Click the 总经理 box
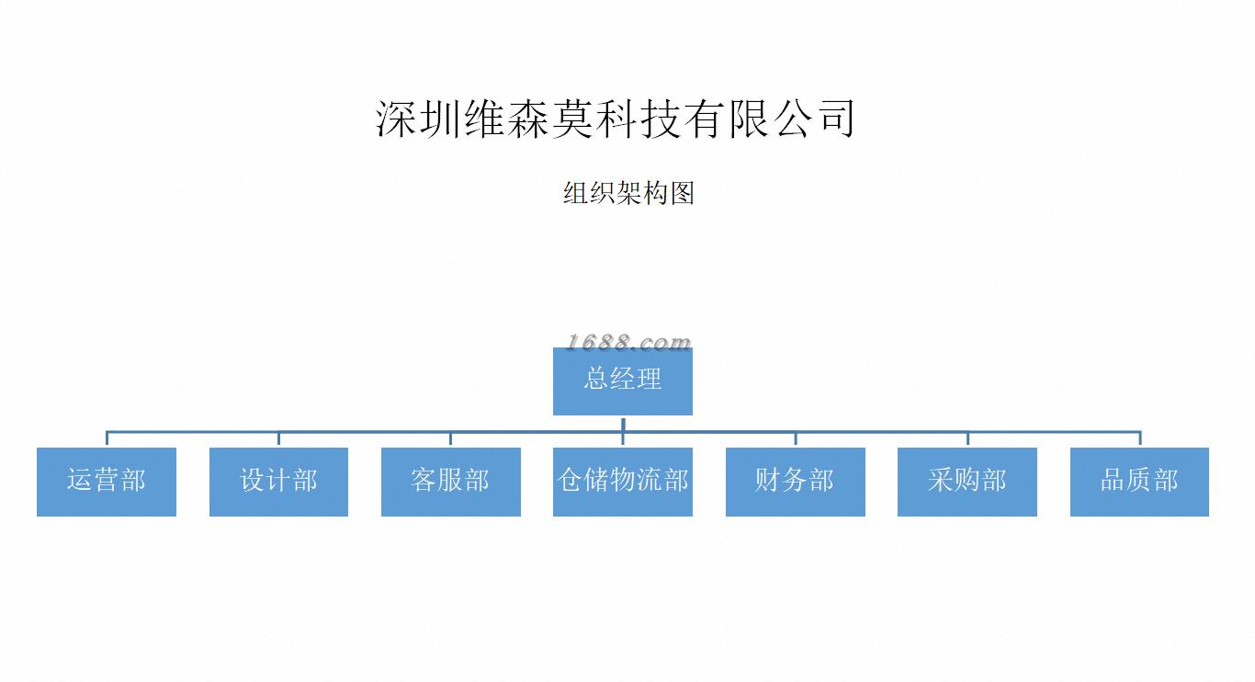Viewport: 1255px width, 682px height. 622,381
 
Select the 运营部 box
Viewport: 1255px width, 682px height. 107,482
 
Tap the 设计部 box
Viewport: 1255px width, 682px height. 278,482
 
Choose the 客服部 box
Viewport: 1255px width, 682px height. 450,482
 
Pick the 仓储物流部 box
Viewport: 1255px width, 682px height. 622,482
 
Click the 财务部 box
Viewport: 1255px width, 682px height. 795,482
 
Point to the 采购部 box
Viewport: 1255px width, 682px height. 967,482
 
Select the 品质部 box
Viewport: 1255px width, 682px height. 1139,482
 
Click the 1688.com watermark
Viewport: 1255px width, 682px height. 628,343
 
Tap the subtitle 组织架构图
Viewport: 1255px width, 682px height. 628,193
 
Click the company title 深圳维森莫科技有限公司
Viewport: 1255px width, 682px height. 616,119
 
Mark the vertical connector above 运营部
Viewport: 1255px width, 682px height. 107,438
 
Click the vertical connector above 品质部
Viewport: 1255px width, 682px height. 1140,438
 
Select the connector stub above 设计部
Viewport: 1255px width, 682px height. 278,439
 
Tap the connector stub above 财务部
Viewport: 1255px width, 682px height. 796,439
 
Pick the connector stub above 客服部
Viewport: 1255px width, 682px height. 450,439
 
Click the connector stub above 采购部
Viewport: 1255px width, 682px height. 967,439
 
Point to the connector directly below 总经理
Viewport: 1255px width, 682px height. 623,423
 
